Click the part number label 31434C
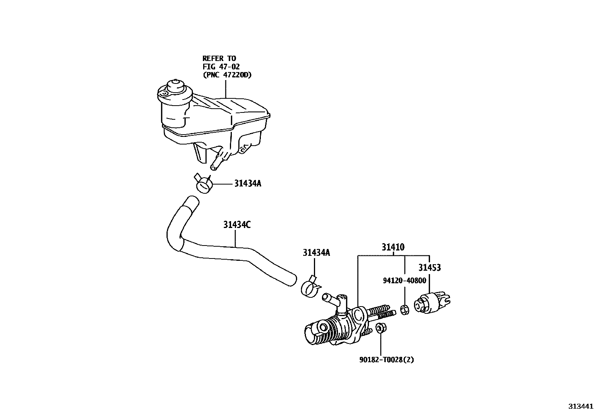coord(237,225)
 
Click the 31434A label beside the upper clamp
coord(247,184)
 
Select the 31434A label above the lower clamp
coord(316,252)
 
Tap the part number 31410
coord(393,247)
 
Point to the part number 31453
coord(429,268)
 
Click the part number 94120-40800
coord(404,281)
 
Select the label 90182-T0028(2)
coord(386,360)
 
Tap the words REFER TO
coord(219,58)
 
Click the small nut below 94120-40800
coord(405,310)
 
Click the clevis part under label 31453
coord(432,302)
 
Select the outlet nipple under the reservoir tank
coord(215,164)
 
